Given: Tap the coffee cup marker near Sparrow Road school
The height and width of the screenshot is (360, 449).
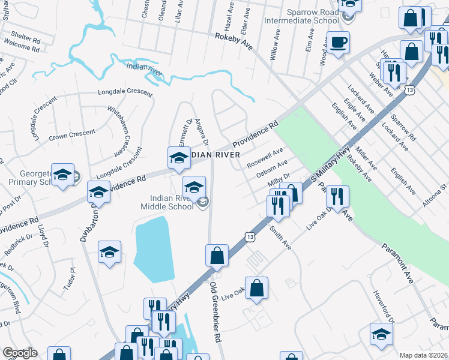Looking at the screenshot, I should [338, 43].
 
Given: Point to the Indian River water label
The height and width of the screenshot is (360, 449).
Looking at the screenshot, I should [145, 68].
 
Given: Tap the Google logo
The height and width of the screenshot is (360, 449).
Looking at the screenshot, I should [20, 353].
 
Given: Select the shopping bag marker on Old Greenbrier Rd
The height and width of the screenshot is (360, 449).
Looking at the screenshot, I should [217, 256].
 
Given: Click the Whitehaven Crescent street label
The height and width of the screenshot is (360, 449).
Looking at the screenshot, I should [119, 128].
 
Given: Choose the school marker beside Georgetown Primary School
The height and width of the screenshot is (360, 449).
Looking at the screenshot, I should [62, 175].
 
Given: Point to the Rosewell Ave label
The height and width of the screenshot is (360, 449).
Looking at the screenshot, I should [265, 158].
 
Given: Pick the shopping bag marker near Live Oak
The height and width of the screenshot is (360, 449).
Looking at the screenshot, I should [256, 288].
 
